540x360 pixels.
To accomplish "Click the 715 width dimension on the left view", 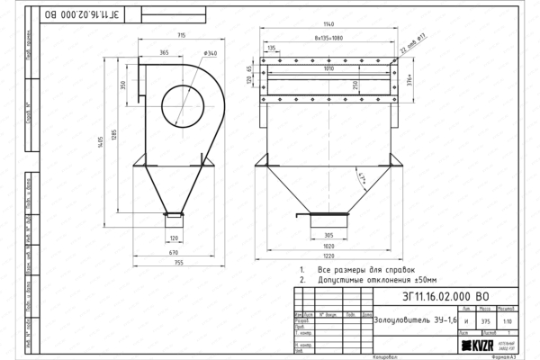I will (x=181, y=35).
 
